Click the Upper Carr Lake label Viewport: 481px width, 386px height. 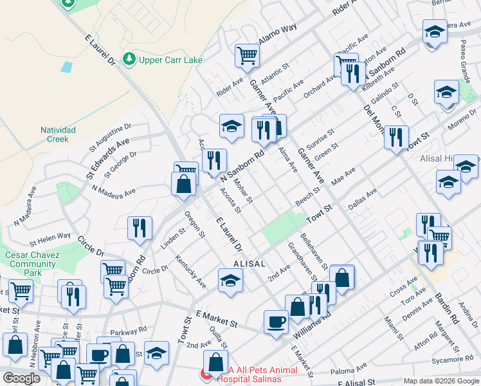pyautogui.click(x=170, y=60)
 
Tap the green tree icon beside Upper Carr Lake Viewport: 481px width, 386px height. pyautogui.click(x=129, y=59)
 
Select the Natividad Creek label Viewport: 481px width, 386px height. pyautogui.click(x=59, y=134)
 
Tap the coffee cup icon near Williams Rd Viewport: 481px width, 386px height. pyautogui.click(x=276, y=322)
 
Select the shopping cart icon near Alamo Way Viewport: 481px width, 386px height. pyautogui.click(x=246, y=55)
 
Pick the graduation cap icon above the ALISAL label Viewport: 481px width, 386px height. pyautogui.click(x=230, y=280)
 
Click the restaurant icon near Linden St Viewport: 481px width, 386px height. pyautogui.click(x=139, y=228)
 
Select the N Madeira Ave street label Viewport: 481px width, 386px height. pyautogui.click(x=114, y=191)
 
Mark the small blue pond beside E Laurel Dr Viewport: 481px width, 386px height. pyautogui.click(x=66, y=66)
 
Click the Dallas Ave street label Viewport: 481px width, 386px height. pyautogui.click(x=362, y=200)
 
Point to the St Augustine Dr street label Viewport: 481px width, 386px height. pyautogui.click(x=109, y=134)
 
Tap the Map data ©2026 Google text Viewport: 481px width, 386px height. pyautogui.click(x=441, y=381)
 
